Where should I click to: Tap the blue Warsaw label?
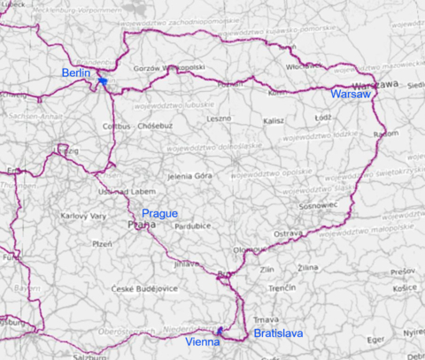(347, 93)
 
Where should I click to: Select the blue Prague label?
(160, 213)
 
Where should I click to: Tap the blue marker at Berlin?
(103, 81)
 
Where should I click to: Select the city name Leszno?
(218, 118)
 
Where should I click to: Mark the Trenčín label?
(282, 288)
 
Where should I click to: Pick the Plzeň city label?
(103, 243)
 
